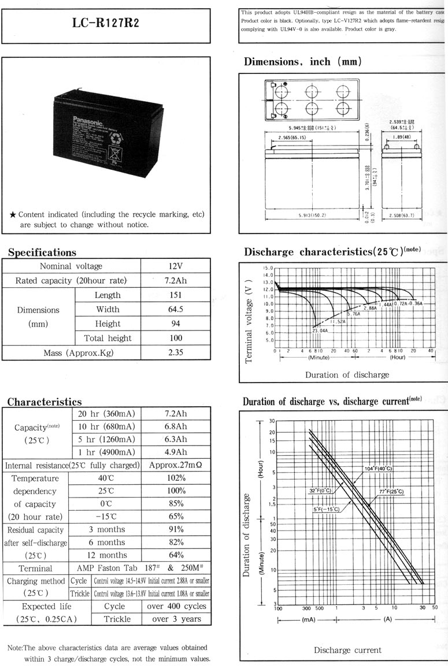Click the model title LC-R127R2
pyautogui.click(x=105, y=23)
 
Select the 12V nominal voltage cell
pyautogui.click(x=176, y=266)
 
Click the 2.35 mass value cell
pyautogui.click(x=176, y=352)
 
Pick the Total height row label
pyautogui.click(x=108, y=338)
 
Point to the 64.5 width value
pyautogui.click(x=176, y=310)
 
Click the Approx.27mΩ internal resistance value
pyautogui.click(x=176, y=465)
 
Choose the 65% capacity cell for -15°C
pyautogui.click(x=176, y=517)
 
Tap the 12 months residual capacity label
pyautogui.click(x=106, y=555)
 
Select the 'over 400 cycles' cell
pyautogui.click(x=176, y=606)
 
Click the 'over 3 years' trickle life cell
pyautogui.click(x=176, y=619)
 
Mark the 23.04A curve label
pyautogui.click(x=320, y=331)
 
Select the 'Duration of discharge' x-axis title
pyautogui.click(x=347, y=375)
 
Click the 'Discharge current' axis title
pyautogui.click(x=347, y=650)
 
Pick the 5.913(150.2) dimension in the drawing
pyautogui.click(x=312, y=216)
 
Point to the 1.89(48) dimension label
pyautogui.click(x=401, y=138)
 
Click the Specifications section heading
pyautogui.click(x=42, y=253)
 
